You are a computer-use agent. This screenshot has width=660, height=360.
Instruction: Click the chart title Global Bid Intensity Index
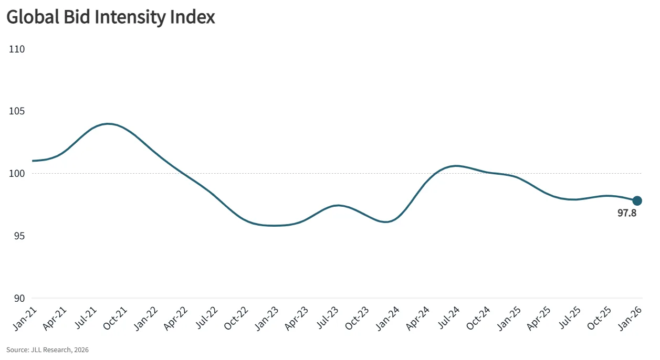(111, 17)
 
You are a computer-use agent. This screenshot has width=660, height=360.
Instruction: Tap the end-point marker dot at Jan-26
(637, 200)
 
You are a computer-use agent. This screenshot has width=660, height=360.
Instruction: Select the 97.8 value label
(627, 214)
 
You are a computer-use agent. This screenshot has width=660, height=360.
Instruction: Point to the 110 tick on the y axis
(17, 49)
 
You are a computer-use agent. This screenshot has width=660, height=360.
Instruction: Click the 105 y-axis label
(17, 111)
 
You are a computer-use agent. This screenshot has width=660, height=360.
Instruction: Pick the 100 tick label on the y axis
(17, 174)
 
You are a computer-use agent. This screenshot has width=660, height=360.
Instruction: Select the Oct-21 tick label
(114, 319)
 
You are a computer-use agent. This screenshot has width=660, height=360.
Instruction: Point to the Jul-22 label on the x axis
(206, 319)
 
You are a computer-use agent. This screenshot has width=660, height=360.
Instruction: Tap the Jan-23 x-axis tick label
(267, 319)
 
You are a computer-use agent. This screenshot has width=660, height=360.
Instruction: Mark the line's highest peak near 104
(108, 124)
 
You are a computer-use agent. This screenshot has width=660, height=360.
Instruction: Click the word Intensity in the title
(138, 17)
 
